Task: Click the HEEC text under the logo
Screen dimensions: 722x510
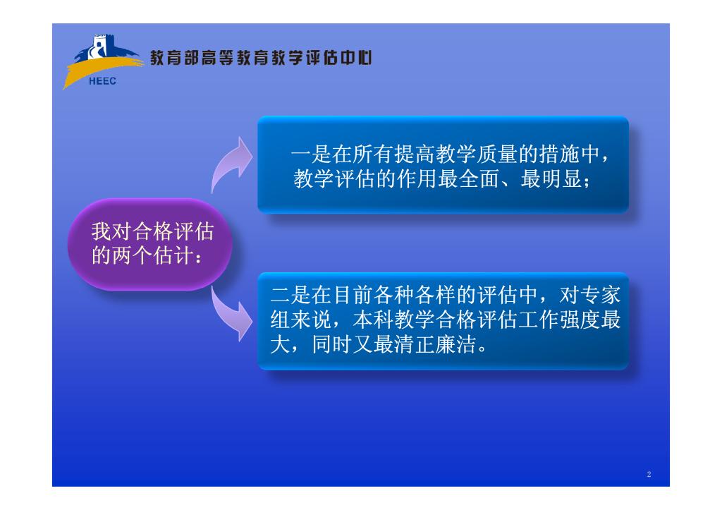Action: pos(102,81)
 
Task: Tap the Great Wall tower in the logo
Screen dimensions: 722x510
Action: pos(99,46)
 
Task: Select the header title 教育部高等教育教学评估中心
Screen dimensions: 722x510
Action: pos(261,58)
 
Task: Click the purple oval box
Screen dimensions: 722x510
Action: pos(149,244)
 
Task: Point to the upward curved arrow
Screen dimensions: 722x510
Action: pos(231,164)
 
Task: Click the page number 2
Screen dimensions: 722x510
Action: pos(649,474)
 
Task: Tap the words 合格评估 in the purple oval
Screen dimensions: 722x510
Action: pos(173,232)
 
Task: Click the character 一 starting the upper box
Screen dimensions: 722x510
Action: pos(300,154)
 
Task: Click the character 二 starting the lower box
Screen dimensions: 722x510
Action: pos(281,296)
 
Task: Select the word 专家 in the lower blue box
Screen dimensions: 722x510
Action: pos(601,296)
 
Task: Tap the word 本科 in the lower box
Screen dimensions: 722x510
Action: pos(373,320)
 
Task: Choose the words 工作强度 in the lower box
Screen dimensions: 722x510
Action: pos(559,320)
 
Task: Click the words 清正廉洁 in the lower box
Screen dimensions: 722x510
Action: pos(435,344)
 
